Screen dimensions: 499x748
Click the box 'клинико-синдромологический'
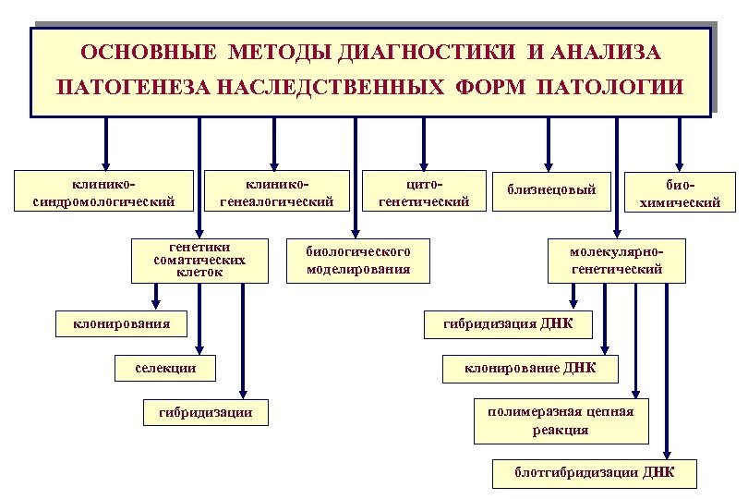[103, 190]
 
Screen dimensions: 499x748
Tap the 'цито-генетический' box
[425, 190]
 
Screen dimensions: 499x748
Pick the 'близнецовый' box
[551, 190]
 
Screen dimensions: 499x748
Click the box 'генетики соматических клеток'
[200, 260]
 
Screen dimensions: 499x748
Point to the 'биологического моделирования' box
[358, 261]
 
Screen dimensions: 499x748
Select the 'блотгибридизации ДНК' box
[594, 473]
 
